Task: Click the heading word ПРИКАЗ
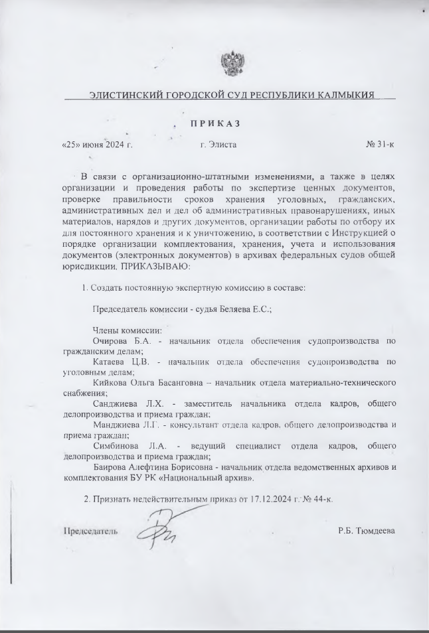coord(214,123)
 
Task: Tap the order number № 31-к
coord(380,144)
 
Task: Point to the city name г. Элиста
coord(218,144)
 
